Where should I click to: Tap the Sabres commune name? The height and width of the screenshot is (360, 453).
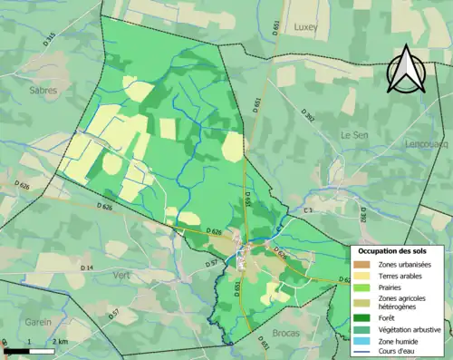(x=43, y=91)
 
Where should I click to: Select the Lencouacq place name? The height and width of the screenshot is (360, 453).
(x=429, y=143)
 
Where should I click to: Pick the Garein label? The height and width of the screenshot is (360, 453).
(x=37, y=321)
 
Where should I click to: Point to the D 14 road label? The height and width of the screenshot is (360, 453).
(x=88, y=268)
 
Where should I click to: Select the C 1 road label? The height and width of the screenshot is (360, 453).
(x=308, y=210)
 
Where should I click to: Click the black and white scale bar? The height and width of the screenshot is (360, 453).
(x=29, y=350)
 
